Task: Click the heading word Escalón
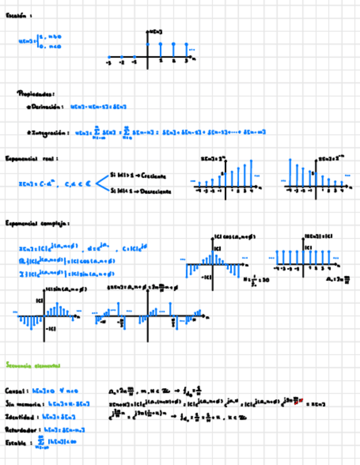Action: point(16,16)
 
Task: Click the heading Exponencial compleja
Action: point(36,223)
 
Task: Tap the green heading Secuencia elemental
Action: point(32,365)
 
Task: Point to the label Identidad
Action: point(21,417)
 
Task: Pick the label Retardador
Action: point(22,429)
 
